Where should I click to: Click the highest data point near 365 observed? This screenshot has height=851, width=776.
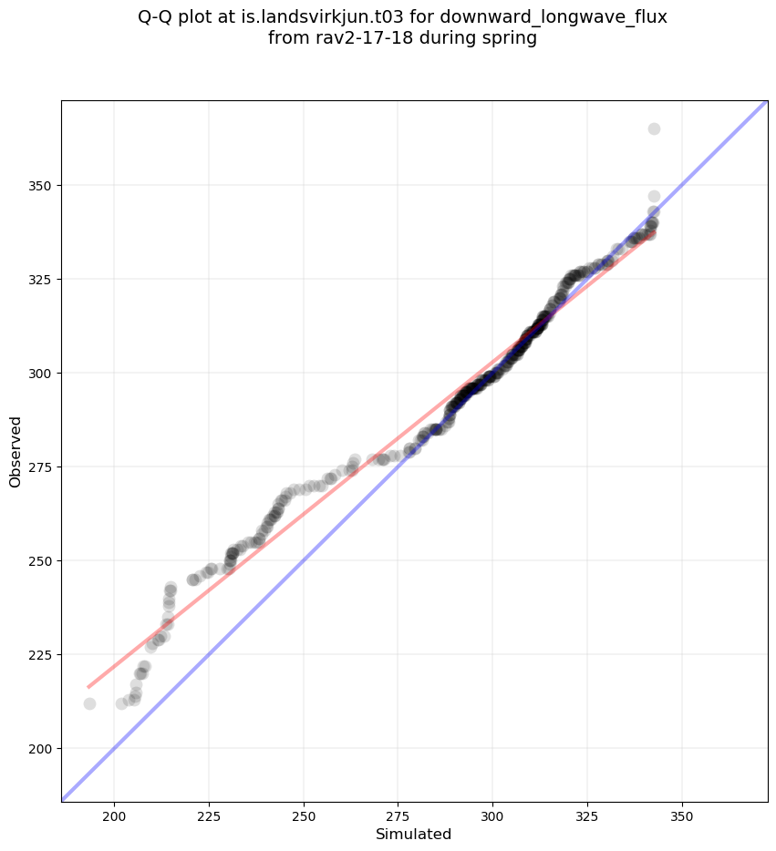coord(654,128)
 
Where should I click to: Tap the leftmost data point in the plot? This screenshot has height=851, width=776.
coord(89,703)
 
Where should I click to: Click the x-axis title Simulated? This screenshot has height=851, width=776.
coord(414,834)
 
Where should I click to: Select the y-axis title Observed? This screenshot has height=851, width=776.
coord(16,451)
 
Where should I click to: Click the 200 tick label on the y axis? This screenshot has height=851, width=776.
coord(40,748)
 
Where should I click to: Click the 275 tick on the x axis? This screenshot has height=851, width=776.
coord(398,803)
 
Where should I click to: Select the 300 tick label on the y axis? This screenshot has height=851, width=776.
coord(40,373)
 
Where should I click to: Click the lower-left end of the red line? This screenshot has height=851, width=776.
coord(88,687)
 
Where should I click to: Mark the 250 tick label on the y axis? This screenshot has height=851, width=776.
coord(40,560)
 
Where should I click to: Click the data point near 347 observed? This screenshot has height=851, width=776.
coord(654,196)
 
